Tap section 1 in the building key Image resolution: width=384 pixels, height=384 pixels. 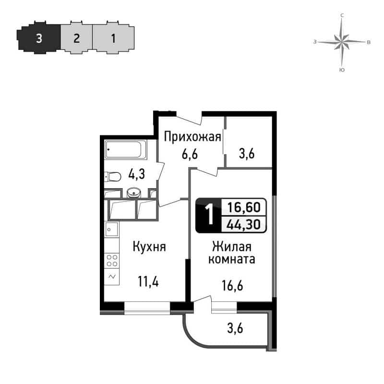pos(113,38)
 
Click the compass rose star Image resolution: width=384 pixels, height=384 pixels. pos(342,42)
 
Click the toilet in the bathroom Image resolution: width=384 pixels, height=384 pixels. pos(113,177)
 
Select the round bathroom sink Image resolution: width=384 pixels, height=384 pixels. pos(134,193)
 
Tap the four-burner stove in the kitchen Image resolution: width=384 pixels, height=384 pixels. pos(112,260)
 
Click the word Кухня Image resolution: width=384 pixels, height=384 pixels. pos(149,247)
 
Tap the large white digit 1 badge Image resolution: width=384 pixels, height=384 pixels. pos(209,215)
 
